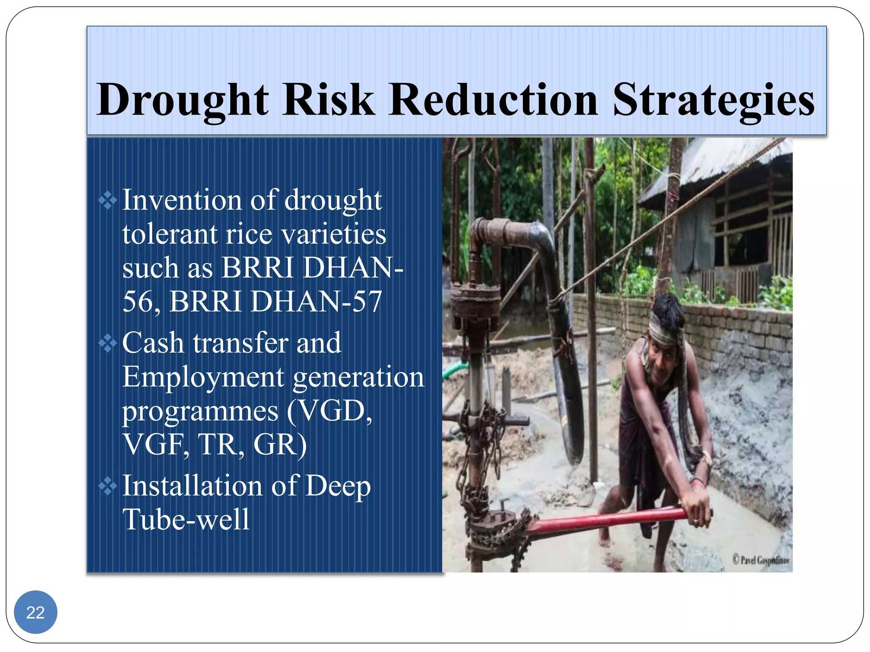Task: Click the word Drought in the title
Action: pos(183,100)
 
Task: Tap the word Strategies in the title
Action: pos(714,100)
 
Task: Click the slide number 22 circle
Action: pos(36,612)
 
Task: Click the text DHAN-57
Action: pos(316,301)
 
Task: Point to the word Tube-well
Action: pos(186,520)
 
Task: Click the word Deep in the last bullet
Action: pos(338,486)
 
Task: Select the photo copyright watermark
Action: pos(760,560)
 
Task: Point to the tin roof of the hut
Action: pos(714,166)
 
